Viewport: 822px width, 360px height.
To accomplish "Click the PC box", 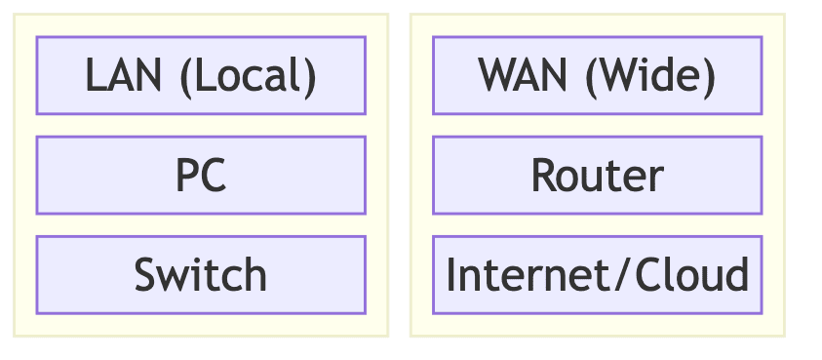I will point(200,176).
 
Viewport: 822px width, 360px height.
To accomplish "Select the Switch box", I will point(200,274).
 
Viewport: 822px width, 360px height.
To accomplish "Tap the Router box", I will point(597,176).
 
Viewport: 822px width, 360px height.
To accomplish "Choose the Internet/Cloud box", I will point(597,274).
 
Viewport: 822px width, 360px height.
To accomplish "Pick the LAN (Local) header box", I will point(200,76).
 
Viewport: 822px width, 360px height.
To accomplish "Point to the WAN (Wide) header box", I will point(597,76).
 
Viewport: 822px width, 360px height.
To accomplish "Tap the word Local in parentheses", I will point(251,76).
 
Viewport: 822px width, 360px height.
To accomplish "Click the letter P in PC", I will point(186,177).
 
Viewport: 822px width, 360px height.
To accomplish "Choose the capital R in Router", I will point(543,177).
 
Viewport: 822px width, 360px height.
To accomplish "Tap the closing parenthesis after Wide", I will point(709,77).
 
